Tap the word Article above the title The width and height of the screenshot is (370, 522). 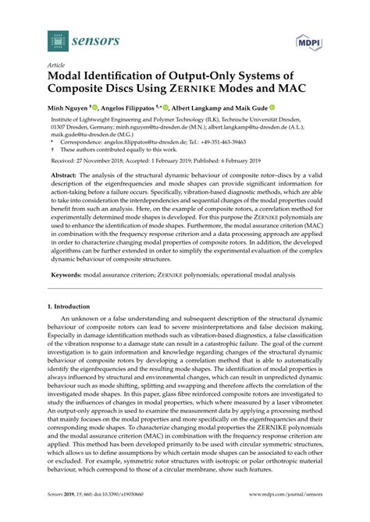(57, 65)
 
